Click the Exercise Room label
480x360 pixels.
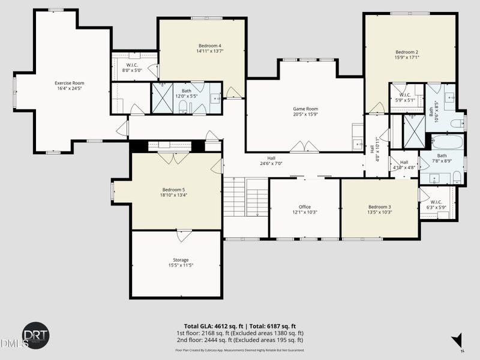click(69, 83)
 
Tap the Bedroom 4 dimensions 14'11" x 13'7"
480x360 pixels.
click(210, 51)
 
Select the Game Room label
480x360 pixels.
click(305, 109)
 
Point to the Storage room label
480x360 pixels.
click(181, 260)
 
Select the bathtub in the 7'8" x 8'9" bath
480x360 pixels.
click(447, 143)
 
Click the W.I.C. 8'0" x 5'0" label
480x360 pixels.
click(130, 64)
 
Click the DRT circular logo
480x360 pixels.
click(35, 334)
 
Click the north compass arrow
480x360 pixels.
click(458, 340)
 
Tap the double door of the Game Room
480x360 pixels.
click(304, 147)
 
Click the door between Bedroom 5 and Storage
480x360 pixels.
click(184, 235)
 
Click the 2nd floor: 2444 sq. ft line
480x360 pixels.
click(239, 340)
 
